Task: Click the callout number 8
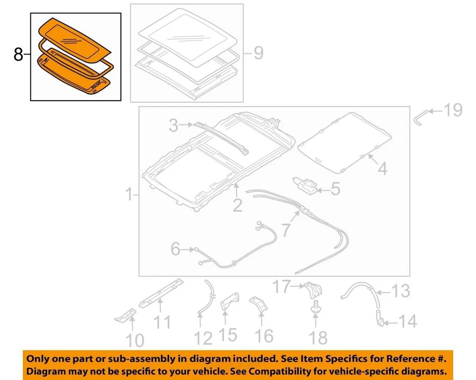tap(18, 55)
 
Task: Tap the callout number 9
tap(258, 53)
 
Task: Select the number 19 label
tap(452, 111)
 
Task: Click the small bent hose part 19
tap(420, 117)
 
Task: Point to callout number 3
tap(173, 126)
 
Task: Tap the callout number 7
tap(286, 230)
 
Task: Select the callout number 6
tap(176, 249)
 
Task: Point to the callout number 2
tap(238, 204)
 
